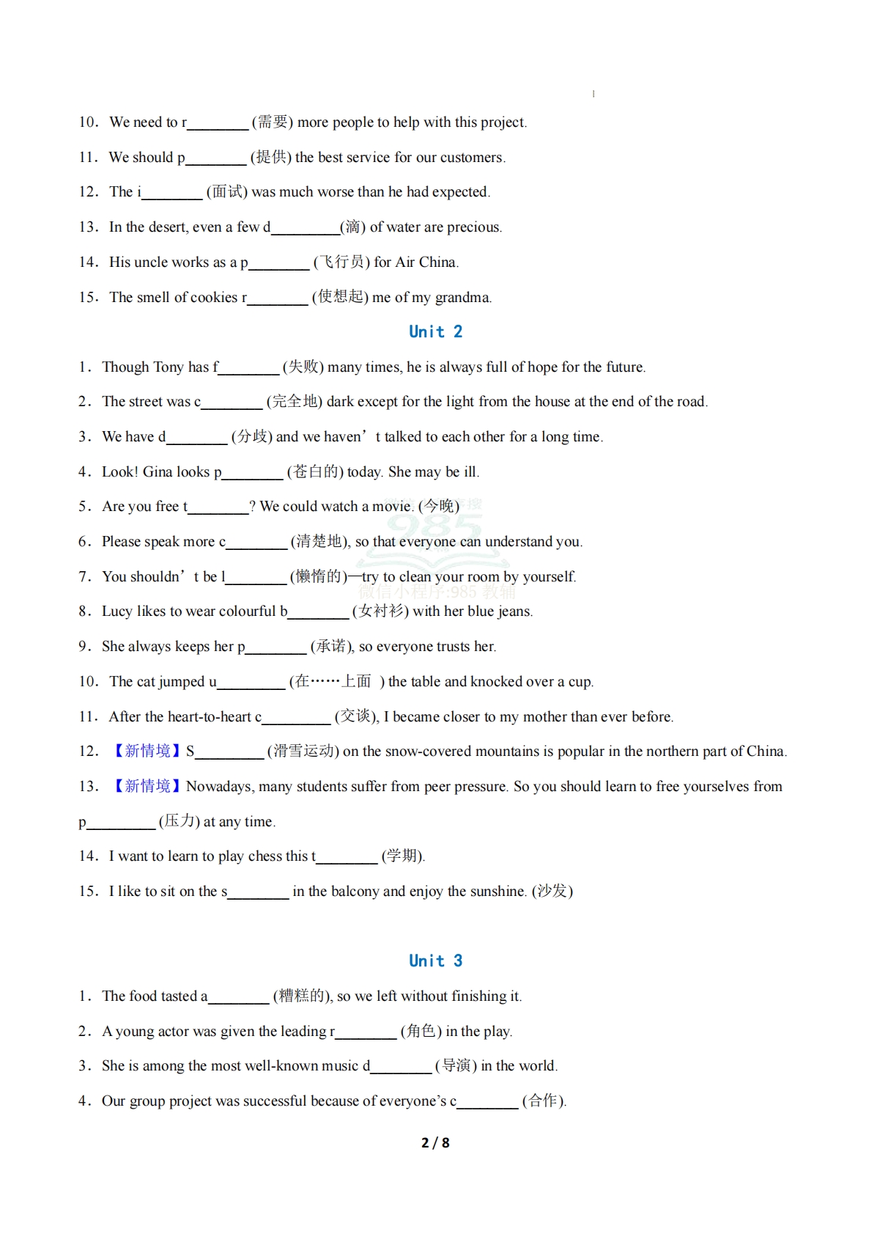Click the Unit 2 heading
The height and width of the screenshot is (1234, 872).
click(435, 331)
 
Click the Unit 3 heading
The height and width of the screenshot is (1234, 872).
click(435, 961)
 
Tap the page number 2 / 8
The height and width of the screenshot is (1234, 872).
click(435, 1142)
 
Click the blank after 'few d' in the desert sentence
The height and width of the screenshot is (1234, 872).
click(305, 228)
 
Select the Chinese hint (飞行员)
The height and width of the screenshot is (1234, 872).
click(341, 262)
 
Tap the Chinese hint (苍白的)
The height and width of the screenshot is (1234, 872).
click(315, 471)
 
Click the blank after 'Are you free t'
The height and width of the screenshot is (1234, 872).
click(218, 507)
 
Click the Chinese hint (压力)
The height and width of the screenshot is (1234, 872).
click(179, 821)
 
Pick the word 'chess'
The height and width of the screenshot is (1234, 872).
click(265, 856)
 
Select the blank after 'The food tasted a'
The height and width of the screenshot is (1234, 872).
click(239, 997)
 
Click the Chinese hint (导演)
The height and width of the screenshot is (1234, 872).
click(456, 1065)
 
